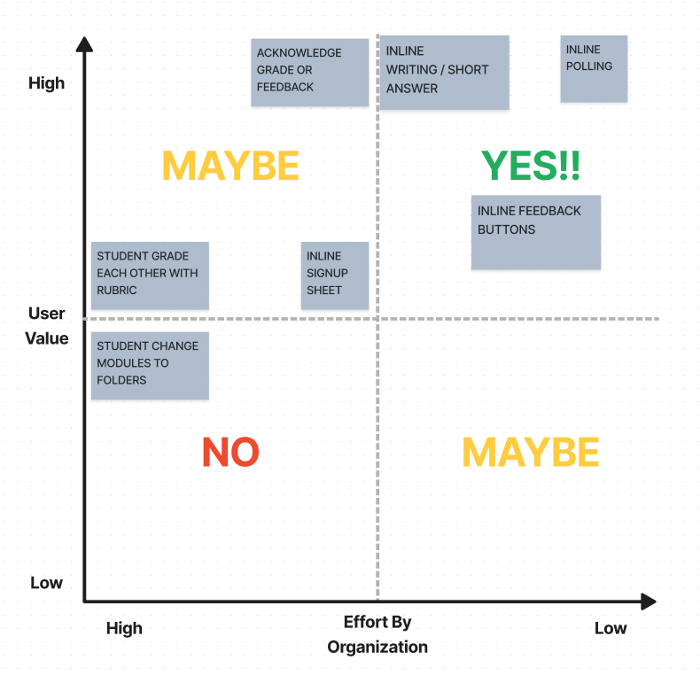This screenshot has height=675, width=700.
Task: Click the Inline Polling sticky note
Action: tap(594, 68)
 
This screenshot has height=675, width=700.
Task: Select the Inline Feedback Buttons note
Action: tap(535, 231)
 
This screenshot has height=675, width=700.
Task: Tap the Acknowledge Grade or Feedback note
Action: tap(309, 72)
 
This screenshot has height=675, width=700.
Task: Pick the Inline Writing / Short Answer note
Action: tap(444, 72)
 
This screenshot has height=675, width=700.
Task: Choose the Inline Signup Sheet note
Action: tap(334, 275)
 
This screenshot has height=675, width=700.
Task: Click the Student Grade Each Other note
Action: tap(150, 275)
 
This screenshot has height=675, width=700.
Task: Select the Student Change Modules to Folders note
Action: tap(150, 365)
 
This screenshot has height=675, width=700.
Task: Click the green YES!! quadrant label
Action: tap(531, 166)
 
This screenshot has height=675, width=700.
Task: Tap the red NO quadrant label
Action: tap(230, 453)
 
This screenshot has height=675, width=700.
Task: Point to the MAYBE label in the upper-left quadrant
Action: tap(230, 166)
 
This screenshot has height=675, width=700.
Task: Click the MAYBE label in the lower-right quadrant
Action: tap(530, 453)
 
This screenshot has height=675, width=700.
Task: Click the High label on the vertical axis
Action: tap(47, 83)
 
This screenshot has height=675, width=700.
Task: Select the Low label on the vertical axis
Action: tap(47, 583)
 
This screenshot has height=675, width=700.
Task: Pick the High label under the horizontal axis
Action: tap(124, 628)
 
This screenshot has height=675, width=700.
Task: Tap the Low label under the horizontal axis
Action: tap(611, 628)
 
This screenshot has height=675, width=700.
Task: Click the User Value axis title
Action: tap(47, 325)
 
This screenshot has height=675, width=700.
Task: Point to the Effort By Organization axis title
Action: tap(377, 634)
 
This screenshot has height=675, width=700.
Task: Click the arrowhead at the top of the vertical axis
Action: tap(84, 44)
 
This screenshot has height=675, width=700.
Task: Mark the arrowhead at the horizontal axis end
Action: tap(649, 601)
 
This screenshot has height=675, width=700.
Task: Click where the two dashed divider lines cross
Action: tap(378, 319)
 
